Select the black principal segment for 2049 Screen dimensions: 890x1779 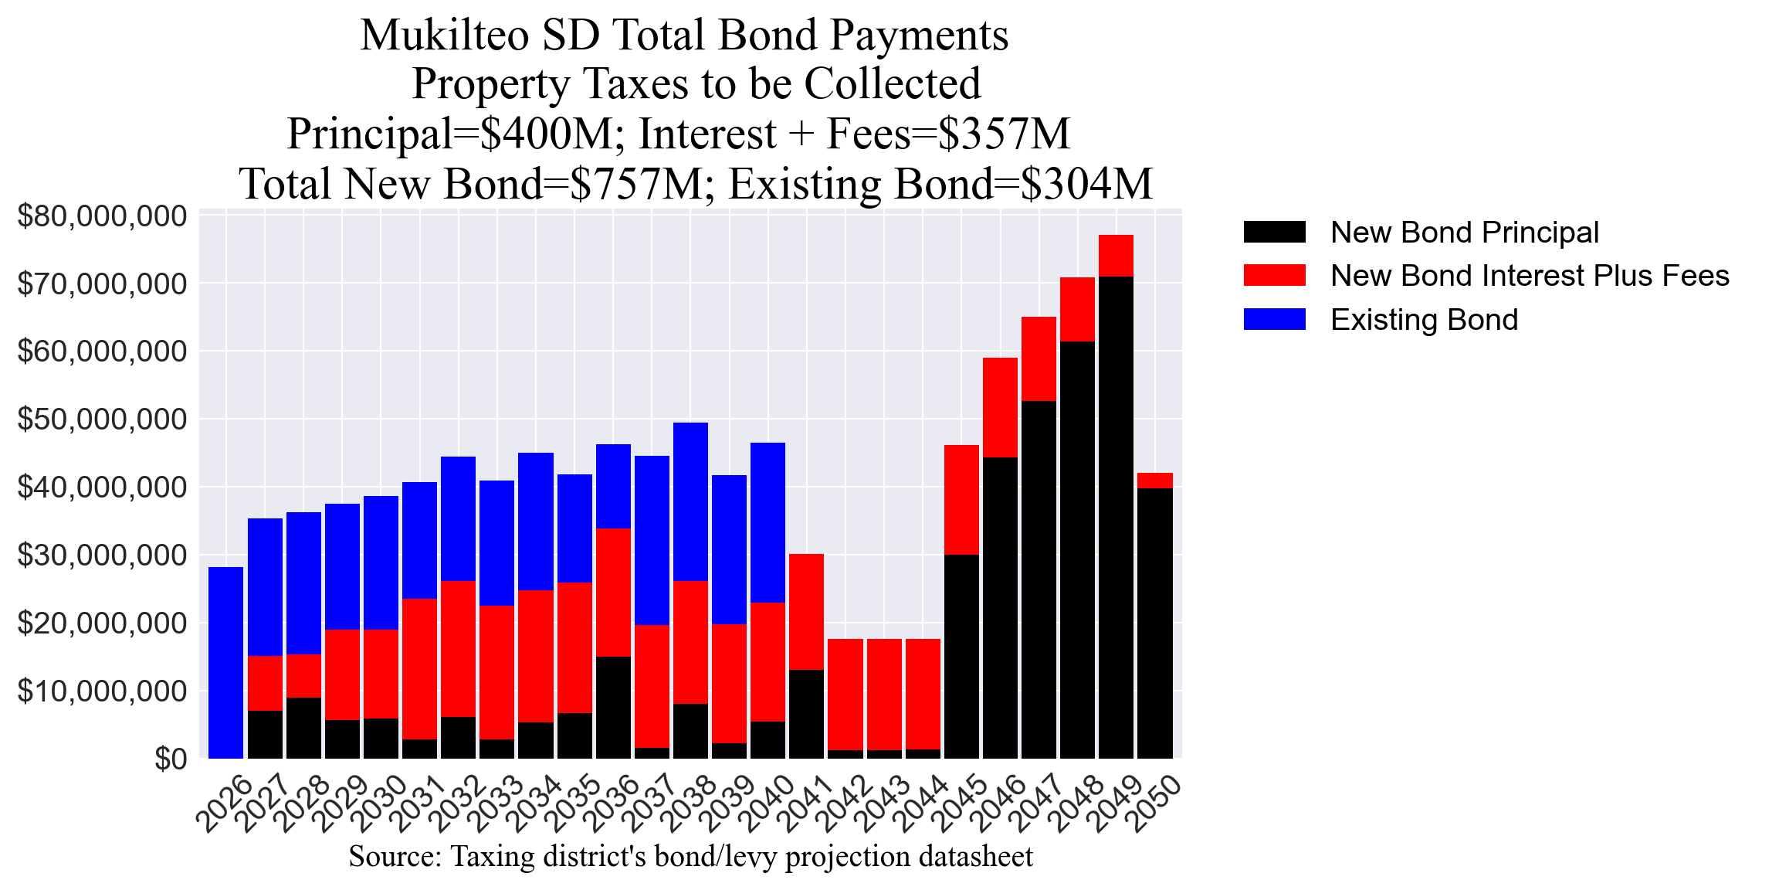[x=1116, y=517]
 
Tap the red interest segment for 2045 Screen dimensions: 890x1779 [x=961, y=499]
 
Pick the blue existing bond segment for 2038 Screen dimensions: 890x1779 [x=690, y=501]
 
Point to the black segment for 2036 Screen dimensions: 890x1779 [x=613, y=707]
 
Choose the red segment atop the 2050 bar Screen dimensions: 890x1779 [x=1154, y=480]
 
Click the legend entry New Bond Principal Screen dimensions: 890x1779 [x=1464, y=233]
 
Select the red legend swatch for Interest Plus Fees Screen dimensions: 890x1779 [x=1274, y=276]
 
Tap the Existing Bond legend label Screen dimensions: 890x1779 [x=1424, y=320]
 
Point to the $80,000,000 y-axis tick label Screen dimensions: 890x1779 [x=102, y=216]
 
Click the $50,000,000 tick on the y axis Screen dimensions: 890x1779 [x=102, y=420]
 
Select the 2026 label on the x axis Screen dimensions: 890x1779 [x=224, y=803]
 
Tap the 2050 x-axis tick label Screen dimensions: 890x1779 [x=1156, y=803]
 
